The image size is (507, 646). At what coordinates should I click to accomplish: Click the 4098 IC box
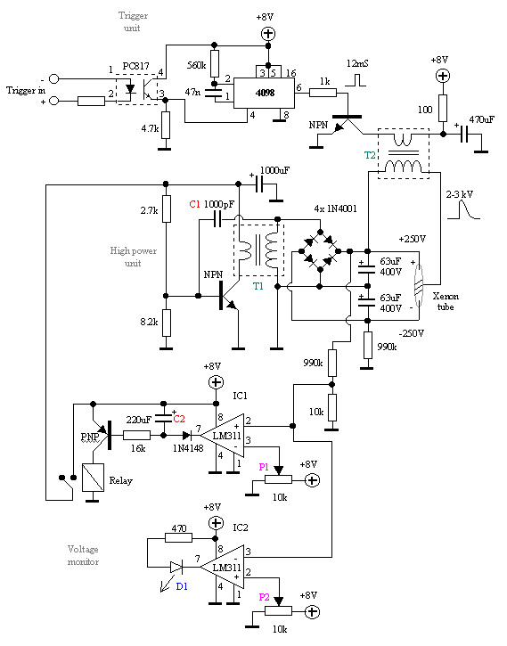[x=265, y=93]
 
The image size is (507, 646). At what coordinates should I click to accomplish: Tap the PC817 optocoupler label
[x=136, y=66]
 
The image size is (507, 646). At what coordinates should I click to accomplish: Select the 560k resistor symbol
[x=215, y=64]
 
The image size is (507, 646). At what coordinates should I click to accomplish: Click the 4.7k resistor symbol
[x=166, y=125]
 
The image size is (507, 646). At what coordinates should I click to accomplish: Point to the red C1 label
[x=195, y=204]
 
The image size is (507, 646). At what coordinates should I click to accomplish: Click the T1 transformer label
[x=258, y=286]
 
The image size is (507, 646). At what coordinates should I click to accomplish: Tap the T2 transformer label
[x=370, y=155]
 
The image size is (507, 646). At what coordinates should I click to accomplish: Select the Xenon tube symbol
[x=419, y=285]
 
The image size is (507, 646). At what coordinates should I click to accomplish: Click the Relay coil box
[x=93, y=477]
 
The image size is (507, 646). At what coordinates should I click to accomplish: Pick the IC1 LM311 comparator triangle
[x=223, y=435]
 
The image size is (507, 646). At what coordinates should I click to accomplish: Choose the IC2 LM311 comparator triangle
[x=223, y=568]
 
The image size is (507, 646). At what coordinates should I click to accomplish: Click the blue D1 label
[x=182, y=586]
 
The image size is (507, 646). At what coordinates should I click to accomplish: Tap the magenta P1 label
[x=264, y=467]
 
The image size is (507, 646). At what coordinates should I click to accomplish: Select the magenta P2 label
[x=264, y=597]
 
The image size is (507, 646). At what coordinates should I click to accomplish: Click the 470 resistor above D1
[x=178, y=537]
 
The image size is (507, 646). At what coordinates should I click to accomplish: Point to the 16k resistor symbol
[x=136, y=435]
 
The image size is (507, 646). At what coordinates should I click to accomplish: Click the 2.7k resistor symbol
[x=166, y=209]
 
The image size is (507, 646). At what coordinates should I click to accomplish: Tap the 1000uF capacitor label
[x=274, y=170]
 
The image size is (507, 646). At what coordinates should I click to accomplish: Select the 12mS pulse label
[x=357, y=63]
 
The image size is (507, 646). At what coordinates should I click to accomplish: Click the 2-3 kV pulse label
[x=460, y=194]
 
